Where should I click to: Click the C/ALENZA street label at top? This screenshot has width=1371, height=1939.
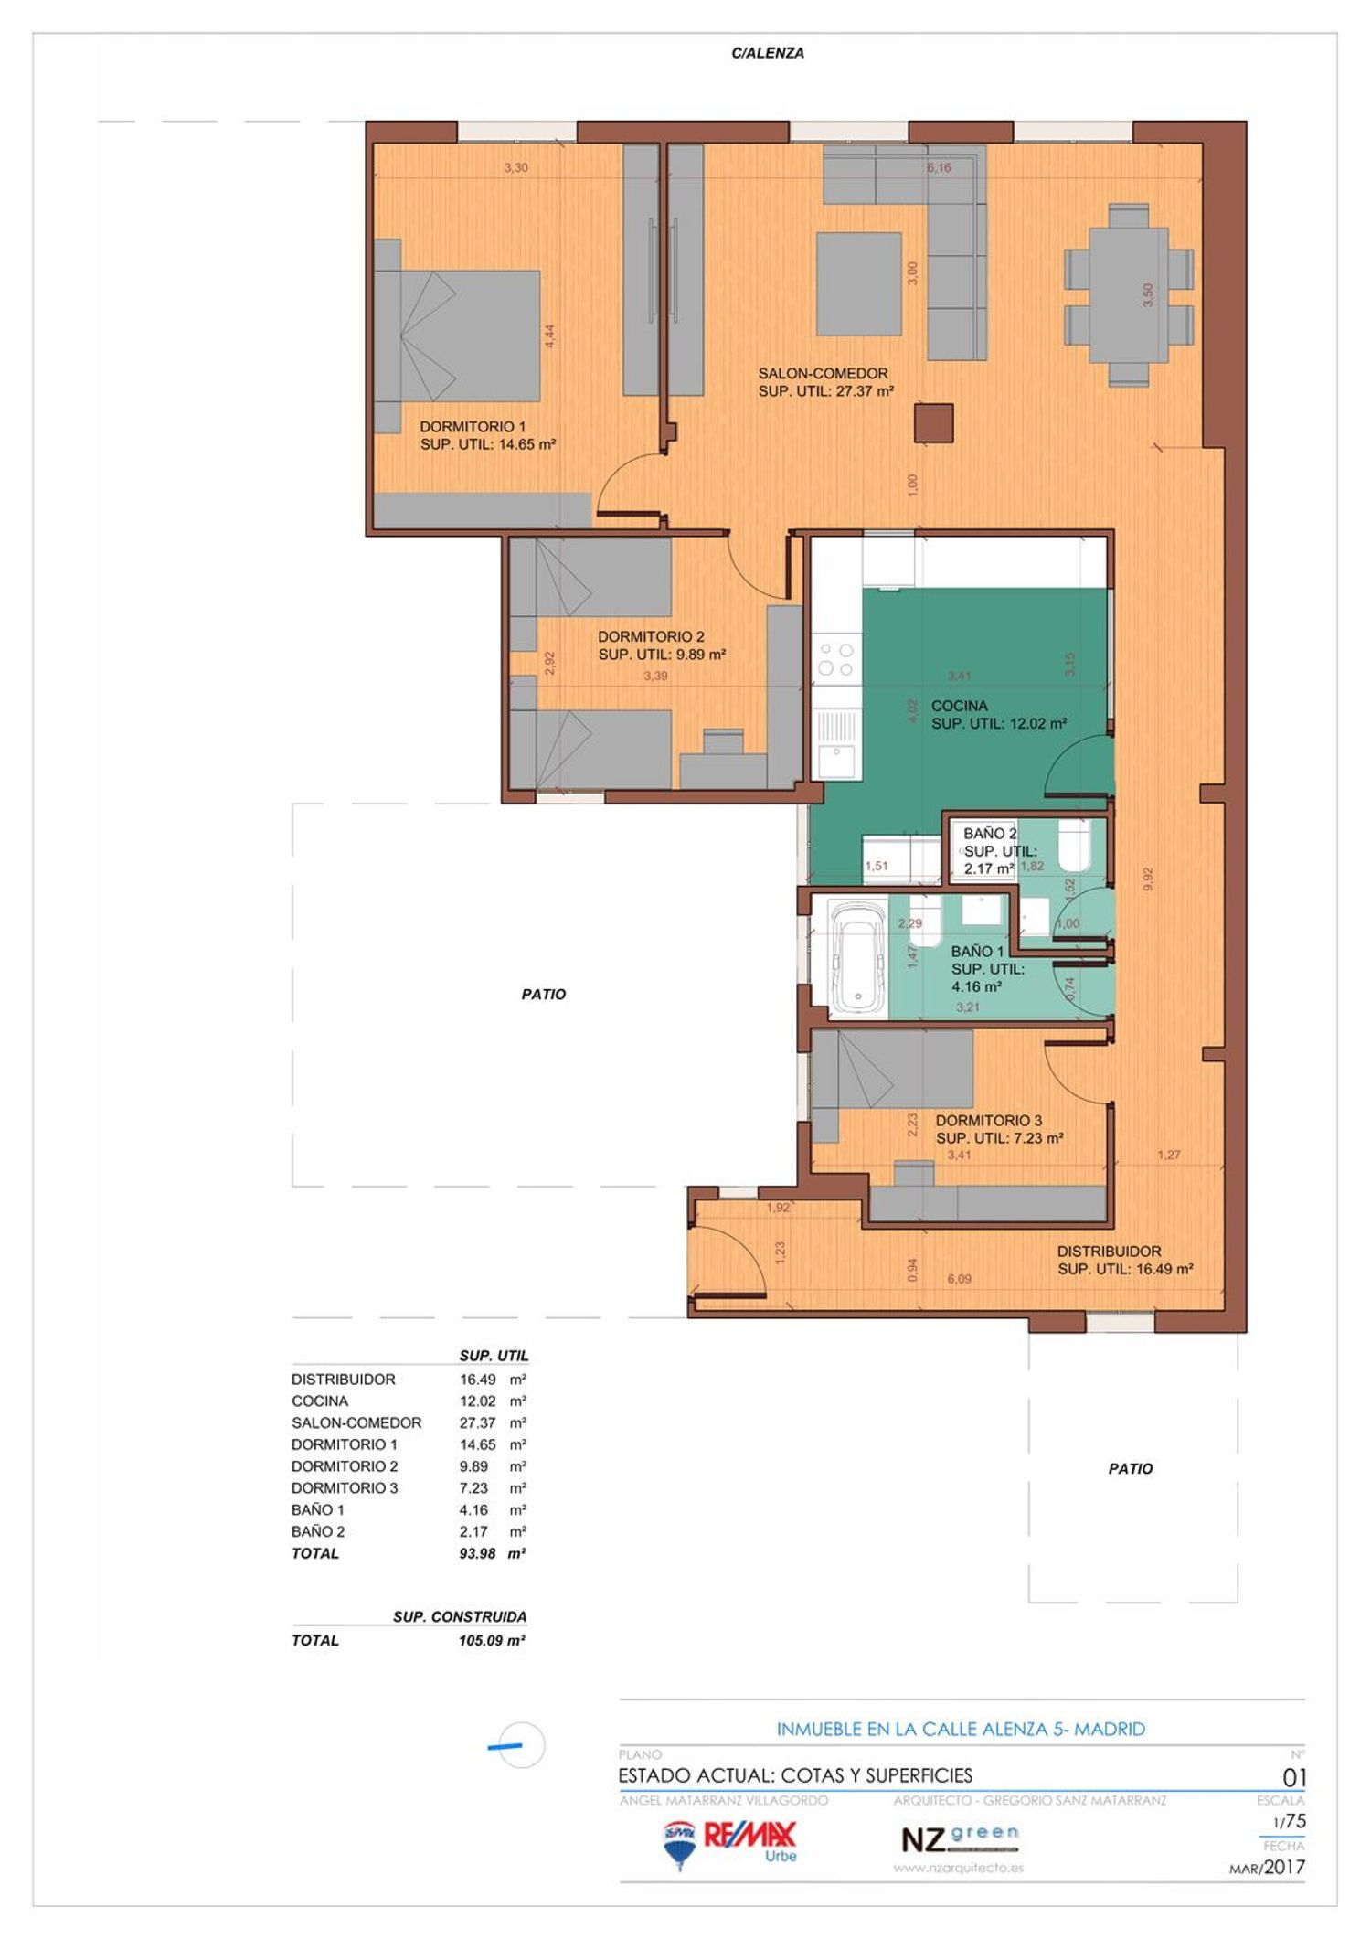tap(768, 53)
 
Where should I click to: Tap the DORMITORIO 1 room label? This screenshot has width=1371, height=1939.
tap(473, 427)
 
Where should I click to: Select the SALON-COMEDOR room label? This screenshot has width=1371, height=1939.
tap(823, 373)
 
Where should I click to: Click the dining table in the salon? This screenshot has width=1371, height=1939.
tap(1128, 295)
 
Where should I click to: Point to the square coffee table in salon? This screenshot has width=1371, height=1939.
tap(858, 283)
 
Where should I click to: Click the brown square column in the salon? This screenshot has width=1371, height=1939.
tap(933, 423)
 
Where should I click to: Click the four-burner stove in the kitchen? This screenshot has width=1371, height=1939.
tap(835, 659)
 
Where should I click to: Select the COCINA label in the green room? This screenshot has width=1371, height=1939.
tap(959, 706)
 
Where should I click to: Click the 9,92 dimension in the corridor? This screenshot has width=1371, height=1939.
tap(1148, 879)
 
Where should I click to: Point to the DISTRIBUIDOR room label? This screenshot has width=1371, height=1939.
tap(1109, 1252)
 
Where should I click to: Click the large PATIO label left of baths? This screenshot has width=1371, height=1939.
tap(544, 994)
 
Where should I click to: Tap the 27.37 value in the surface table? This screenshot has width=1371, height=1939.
tap(477, 1422)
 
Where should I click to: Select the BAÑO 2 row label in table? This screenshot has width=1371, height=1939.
tap(318, 1531)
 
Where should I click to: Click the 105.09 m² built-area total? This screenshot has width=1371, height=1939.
tap(491, 1640)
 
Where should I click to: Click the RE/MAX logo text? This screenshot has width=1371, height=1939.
tap(749, 1833)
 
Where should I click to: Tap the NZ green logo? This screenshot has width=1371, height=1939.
tap(959, 1838)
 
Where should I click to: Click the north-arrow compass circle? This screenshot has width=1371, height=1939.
tap(522, 1745)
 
